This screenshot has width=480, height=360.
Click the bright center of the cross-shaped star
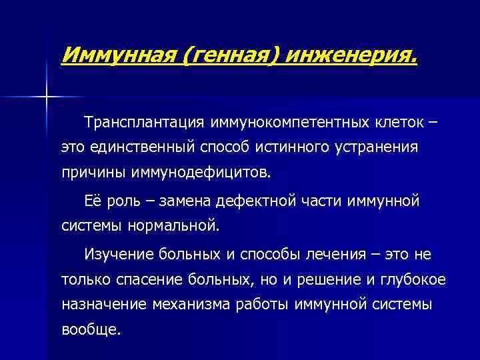(47, 97)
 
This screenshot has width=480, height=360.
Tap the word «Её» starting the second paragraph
(93, 201)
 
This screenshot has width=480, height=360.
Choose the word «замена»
(184, 201)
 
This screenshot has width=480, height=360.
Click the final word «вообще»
(91, 329)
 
